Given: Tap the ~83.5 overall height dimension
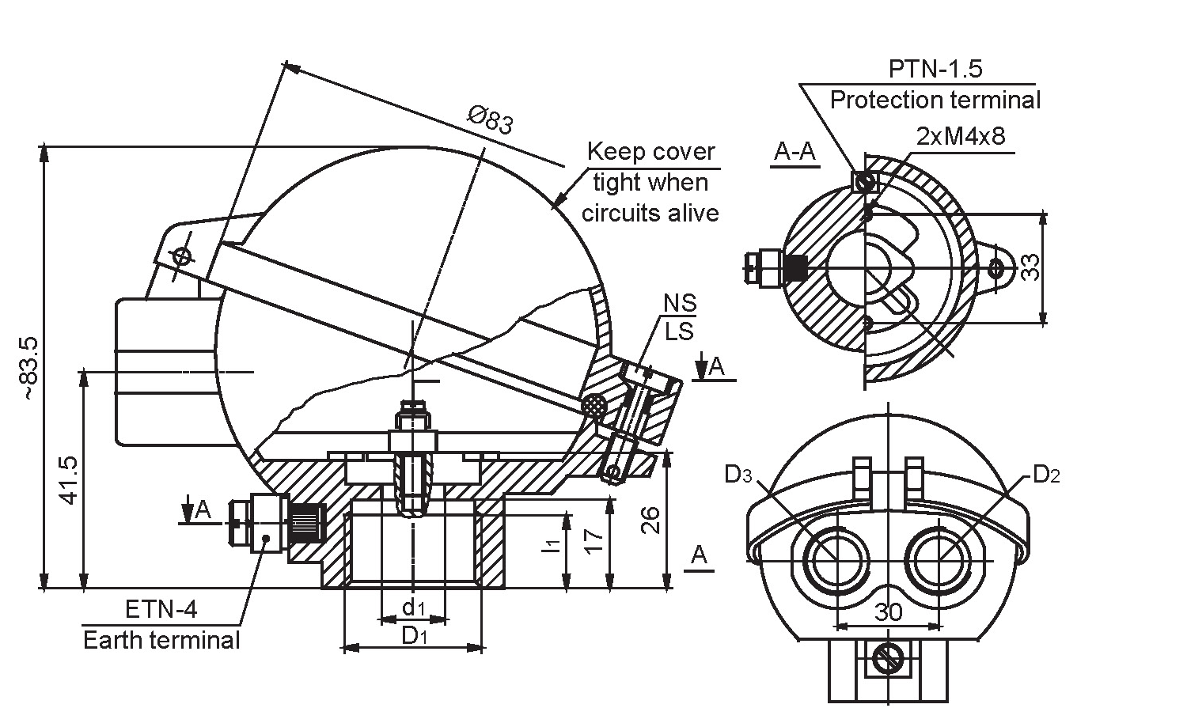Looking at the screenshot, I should point(30,367).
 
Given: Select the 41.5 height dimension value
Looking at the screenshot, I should point(68,479).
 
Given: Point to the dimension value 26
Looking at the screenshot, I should point(650,520).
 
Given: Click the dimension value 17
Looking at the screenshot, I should point(595,540).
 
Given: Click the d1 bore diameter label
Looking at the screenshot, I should point(413,608).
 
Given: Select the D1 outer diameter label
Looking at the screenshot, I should point(414,635).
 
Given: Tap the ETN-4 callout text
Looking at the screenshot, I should point(161,609).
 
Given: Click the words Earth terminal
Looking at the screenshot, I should point(161,639).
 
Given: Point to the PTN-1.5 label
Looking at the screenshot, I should point(935,69).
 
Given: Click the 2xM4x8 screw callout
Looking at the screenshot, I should point(961,136).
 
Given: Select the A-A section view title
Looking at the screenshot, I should point(794,152).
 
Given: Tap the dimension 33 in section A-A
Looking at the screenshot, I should point(1030,267).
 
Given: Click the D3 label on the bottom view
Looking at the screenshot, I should point(739,475).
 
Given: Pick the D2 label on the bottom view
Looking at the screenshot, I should point(1046,475).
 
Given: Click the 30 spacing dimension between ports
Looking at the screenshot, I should point(889,612).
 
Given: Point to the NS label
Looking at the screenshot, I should point(680,303).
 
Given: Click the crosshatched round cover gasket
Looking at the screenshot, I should point(593,406).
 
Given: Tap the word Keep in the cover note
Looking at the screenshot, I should point(613,151).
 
